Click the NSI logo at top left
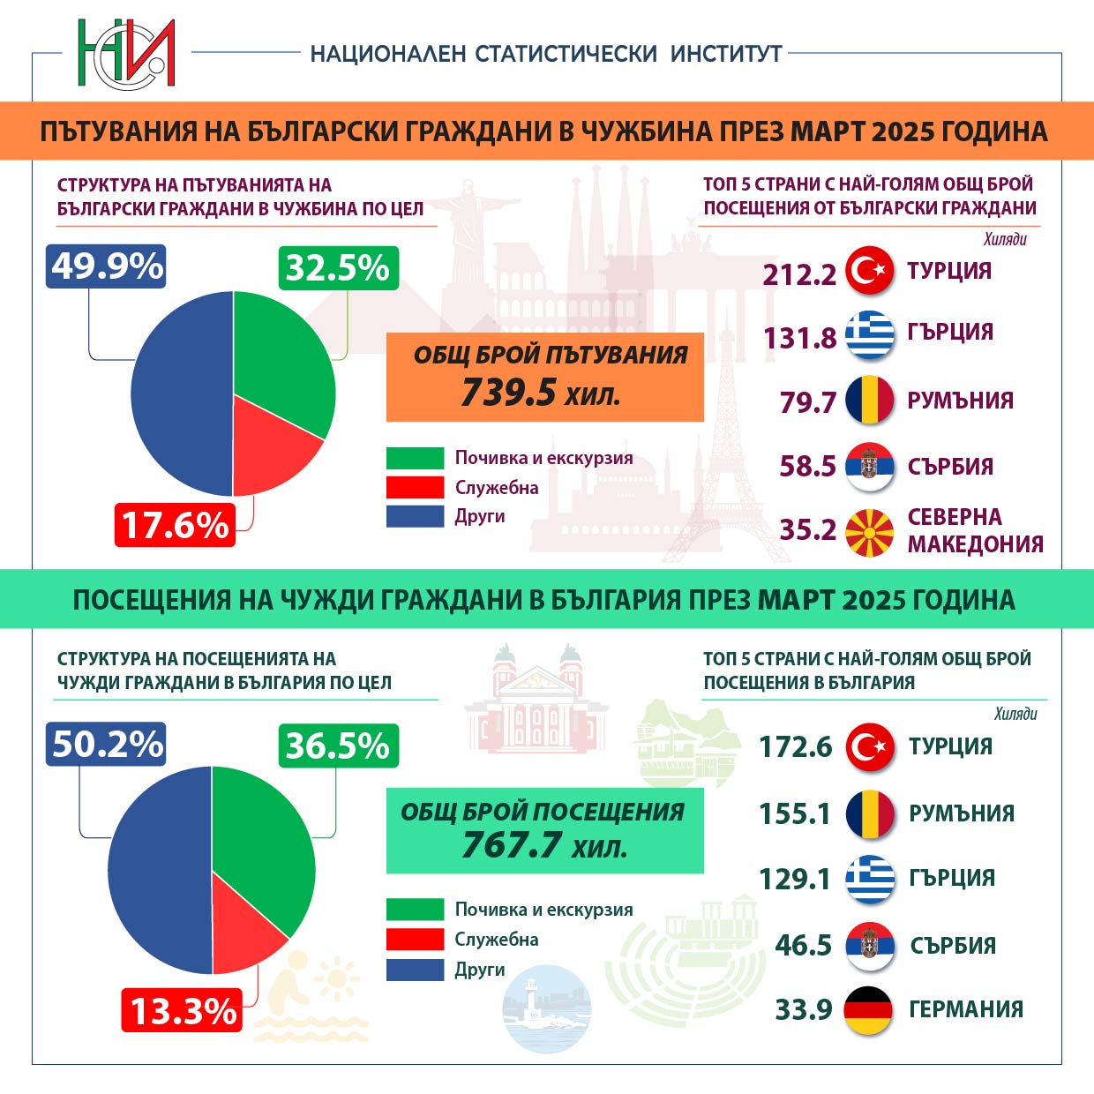click(126, 53)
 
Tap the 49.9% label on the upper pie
click(106, 266)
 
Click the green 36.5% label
click(338, 746)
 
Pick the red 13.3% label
click(183, 1010)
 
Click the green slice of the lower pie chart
click(265, 838)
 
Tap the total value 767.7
click(511, 845)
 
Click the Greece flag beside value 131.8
click(870, 335)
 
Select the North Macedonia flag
click(870, 533)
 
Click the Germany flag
click(869, 1010)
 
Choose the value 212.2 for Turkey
click(799, 274)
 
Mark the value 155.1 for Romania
click(795, 813)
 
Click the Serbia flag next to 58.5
click(870, 467)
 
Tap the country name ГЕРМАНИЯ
click(966, 1009)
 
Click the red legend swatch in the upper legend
click(415, 488)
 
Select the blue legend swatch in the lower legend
click(415, 970)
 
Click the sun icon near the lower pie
click(336, 980)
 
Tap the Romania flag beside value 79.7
click(870, 401)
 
